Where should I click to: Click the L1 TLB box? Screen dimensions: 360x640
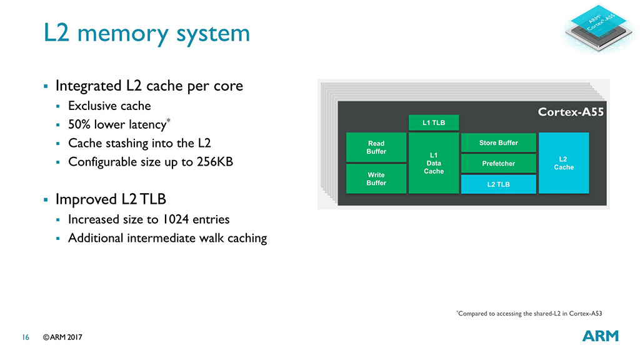point(434,122)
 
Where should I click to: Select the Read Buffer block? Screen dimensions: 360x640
point(376,147)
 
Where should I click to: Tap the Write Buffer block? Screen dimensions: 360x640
point(376,179)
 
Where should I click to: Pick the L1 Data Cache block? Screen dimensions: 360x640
point(434,162)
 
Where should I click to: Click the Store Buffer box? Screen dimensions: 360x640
point(498,143)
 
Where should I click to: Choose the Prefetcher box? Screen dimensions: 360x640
point(498,164)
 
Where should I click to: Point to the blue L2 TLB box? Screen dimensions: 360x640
point(498,184)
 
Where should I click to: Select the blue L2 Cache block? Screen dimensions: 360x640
point(564,163)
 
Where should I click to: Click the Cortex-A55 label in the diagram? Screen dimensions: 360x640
point(571,112)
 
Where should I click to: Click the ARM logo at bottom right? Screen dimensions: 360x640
point(600,336)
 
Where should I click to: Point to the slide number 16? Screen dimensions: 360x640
point(26,337)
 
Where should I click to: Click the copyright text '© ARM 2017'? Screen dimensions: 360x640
point(62,337)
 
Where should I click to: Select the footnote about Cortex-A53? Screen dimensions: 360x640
point(529,313)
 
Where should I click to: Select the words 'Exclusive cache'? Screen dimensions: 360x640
point(109,106)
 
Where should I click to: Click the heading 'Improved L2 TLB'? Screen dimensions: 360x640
point(111,200)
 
